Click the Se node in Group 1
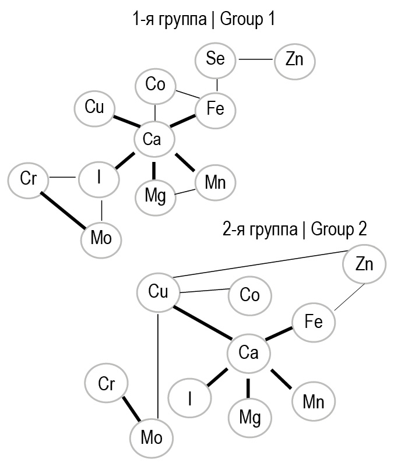(216, 59)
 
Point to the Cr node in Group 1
(29, 179)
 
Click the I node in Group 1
(100, 177)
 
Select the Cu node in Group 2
(158, 291)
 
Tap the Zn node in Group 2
(364, 265)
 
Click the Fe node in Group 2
(314, 321)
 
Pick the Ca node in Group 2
(248, 352)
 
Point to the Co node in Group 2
(249, 295)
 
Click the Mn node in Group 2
(313, 402)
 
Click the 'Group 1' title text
(203, 20)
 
